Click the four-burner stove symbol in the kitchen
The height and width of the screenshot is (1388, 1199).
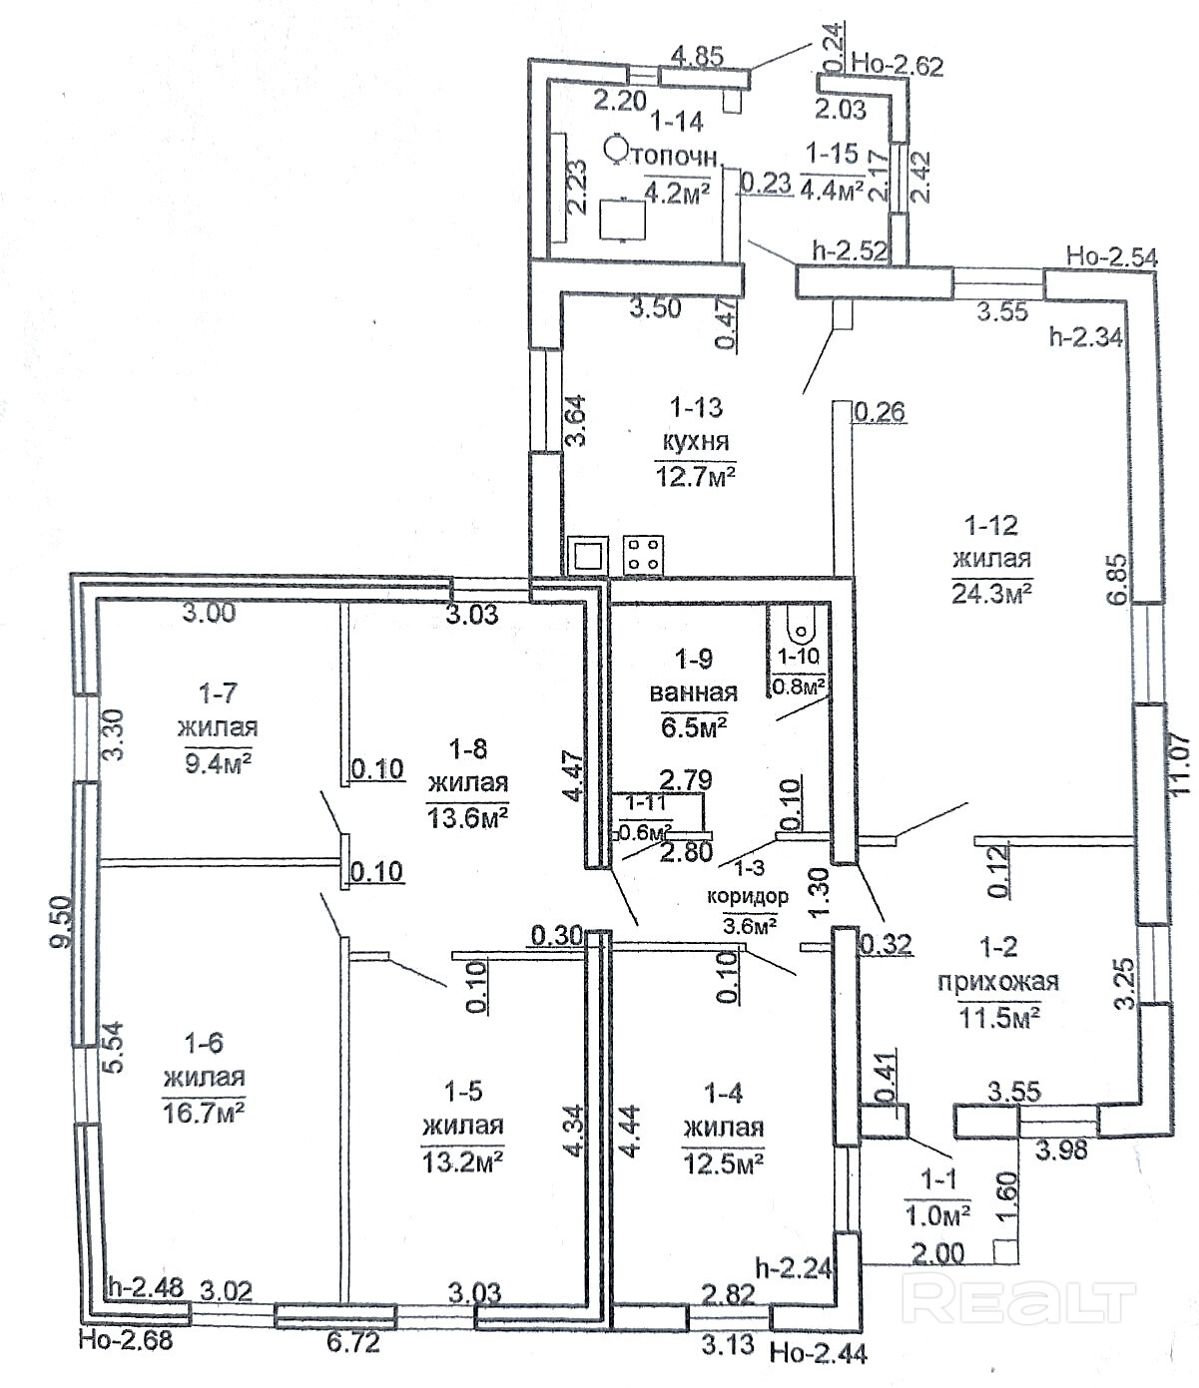pyautogui.click(x=643, y=555)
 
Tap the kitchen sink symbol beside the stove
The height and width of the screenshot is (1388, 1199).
pyautogui.click(x=588, y=556)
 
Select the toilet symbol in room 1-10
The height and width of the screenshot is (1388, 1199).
pyautogui.click(x=801, y=621)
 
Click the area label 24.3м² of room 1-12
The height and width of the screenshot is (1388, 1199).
pyautogui.click(x=991, y=593)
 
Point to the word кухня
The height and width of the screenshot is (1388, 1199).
pyautogui.click(x=696, y=441)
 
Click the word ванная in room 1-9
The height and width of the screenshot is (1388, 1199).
pyautogui.click(x=693, y=692)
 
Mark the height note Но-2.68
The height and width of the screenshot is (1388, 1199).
pyautogui.click(x=126, y=1340)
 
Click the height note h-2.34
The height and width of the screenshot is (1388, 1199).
pyautogui.click(x=1086, y=335)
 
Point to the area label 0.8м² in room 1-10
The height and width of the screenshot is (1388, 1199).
pyautogui.click(x=798, y=686)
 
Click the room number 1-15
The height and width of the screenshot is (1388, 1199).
pyautogui.click(x=833, y=154)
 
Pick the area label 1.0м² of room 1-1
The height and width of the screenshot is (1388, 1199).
pyautogui.click(x=937, y=1214)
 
